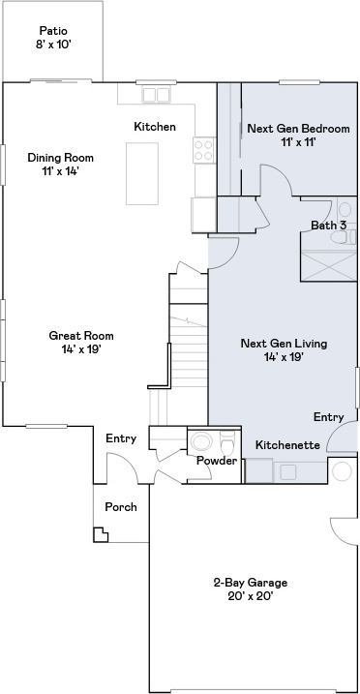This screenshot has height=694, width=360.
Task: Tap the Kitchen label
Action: (155, 127)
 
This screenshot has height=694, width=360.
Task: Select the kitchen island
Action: (142, 173)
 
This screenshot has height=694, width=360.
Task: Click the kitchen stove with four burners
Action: (204, 150)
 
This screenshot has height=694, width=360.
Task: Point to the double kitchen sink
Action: (156, 95)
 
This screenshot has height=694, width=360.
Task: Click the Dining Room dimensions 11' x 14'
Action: (61, 171)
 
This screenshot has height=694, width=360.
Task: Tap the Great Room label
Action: (81, 336)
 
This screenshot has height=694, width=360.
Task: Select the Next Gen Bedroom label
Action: (298, 129)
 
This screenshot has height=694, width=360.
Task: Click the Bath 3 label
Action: (328, 226)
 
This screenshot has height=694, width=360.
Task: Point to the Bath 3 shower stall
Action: (329, 265)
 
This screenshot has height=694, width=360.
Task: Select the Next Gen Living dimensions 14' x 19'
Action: (284, 357)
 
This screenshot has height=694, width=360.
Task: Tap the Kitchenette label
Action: (287, 445)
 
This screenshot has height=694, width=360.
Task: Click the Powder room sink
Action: (202, 441)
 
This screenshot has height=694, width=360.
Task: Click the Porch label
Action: (121, 507)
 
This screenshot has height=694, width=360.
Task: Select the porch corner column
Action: (101, 534)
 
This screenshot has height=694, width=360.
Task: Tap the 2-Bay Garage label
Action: (251, 583)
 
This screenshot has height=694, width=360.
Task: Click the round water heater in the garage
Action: (342, 471)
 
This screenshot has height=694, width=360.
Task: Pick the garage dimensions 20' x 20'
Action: (251, 596)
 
